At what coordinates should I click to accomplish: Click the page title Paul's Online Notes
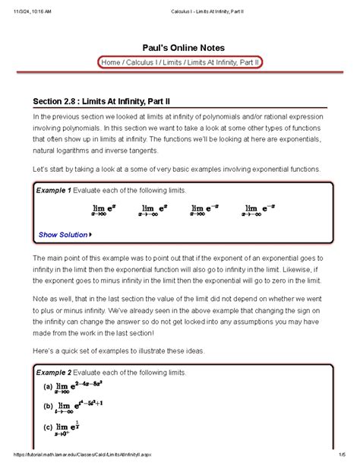tap(179, 46)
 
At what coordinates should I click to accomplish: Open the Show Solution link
tap(63, 235)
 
